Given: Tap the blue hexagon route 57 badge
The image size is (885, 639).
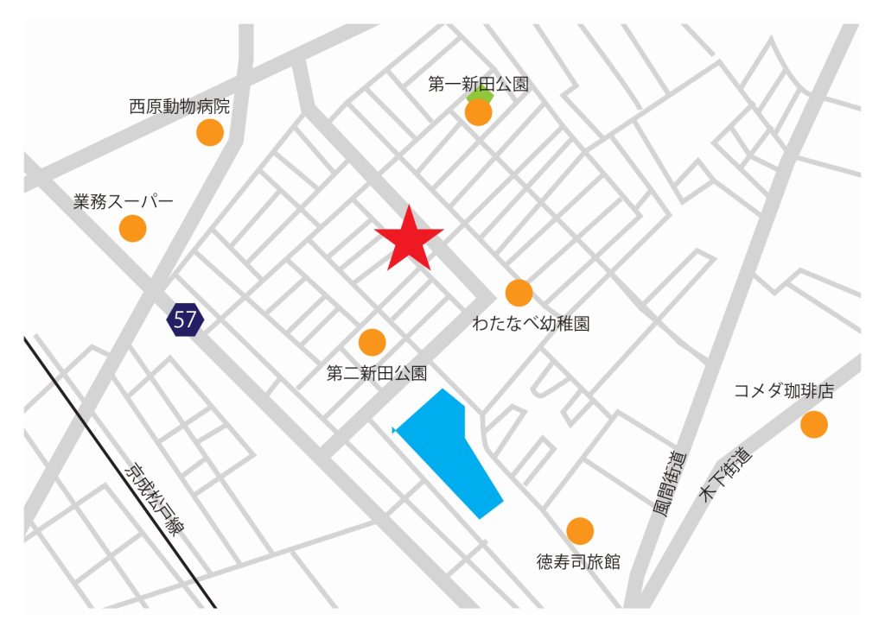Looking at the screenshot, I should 185,319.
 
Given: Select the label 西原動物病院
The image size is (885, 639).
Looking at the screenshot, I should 180,107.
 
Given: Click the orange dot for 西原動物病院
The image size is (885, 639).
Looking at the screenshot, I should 210,132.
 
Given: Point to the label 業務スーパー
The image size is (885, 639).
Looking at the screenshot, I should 124,202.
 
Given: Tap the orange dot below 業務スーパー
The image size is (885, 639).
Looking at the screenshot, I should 132,228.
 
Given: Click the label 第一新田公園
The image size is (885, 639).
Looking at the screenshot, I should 478,85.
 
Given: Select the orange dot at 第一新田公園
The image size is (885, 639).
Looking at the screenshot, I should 478,112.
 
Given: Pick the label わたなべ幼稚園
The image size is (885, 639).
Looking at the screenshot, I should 531,324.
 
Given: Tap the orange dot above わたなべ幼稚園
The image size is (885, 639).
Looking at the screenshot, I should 519,293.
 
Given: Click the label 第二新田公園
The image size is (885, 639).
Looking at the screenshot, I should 377,373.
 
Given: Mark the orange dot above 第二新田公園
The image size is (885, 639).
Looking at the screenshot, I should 372,342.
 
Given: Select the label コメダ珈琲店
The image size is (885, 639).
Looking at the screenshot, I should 784,391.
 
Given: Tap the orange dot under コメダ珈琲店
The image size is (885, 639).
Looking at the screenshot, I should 813,424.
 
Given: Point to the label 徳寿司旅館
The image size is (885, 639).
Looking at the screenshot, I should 578,562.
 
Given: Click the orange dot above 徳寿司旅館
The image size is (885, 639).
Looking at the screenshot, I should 579,531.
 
